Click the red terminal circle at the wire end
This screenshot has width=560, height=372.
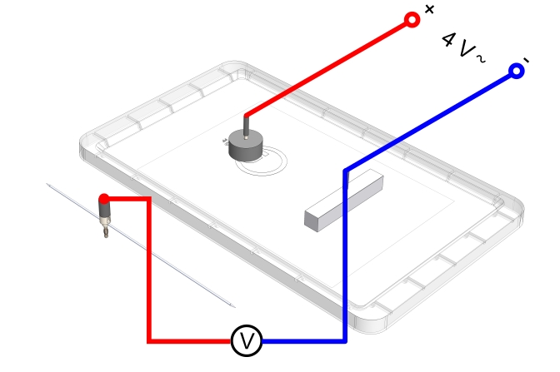pyautogui.click(x=411, y=20)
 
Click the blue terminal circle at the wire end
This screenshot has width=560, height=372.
pyautogui.click(x=516, y=72)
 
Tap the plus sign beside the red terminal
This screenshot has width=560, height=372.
pyautogui.click(x=429, y=10)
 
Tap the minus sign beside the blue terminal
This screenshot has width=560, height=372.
pyautogui.click(x=525, y=59)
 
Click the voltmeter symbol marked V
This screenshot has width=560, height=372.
pyautogui.click(x=246, y=340)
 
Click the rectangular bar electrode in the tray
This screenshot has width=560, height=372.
pyautogui.click(x=342, y=201)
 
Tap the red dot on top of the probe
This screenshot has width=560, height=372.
pyautogui.click(x=104, y=199)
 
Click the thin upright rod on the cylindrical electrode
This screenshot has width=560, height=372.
pyautogui.click(x=247, y=125)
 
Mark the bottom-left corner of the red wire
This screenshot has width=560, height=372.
pyautogui.click(x=149, y=340)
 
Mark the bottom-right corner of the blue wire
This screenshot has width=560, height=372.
pyautogui.click(x=344, y=340)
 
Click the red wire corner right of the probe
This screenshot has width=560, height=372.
pyautogui.click(x=148, y=199)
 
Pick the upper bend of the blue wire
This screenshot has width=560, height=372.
pyautogui.click(x=345, y=171)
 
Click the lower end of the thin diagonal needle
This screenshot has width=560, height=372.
pyautogui.click(x=232, y=305)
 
